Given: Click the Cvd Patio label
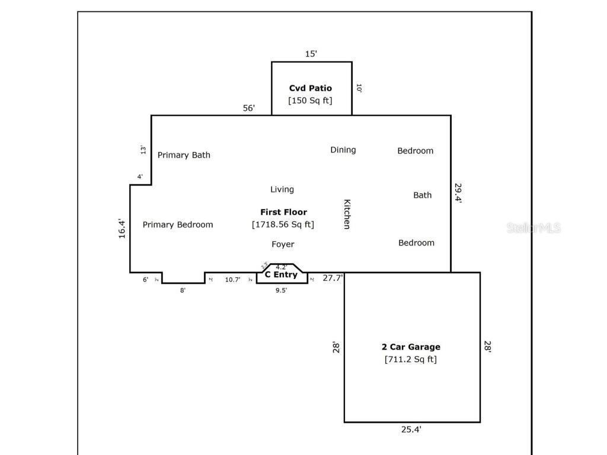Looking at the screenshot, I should (x=311, y=88).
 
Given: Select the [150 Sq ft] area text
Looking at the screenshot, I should (x=311, y=101).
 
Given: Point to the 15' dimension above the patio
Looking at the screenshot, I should (x=311, y=54).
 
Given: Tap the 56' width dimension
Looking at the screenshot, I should (x=249, y=108).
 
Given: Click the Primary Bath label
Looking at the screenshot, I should (x=184, y=155).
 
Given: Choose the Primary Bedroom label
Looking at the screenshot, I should (x=178, y=225).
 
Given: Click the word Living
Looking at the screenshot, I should (x=282, y=190).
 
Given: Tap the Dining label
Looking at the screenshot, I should (x=343, y=150).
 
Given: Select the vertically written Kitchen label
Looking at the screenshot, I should (x=347, y=214).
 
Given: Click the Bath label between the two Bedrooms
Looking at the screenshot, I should (x=423, y=195).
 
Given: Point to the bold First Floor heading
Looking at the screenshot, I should (x=283, y=212).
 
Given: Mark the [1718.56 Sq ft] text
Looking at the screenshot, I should (x=283, y=225).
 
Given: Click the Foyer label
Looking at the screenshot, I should (x=283, y=244).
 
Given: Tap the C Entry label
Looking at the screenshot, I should (x=281, y=275).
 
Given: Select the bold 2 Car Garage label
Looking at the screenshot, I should (x=411, y=347).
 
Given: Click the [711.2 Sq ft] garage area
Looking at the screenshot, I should (x=411, y=360).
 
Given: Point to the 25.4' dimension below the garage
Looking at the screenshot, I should (x=411, y=430).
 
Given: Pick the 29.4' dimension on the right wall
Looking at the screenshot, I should (x=458, y=193).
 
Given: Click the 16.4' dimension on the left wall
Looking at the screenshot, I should (x=122, y=229).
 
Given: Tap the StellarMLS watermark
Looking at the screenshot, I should (x=533, y=228).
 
